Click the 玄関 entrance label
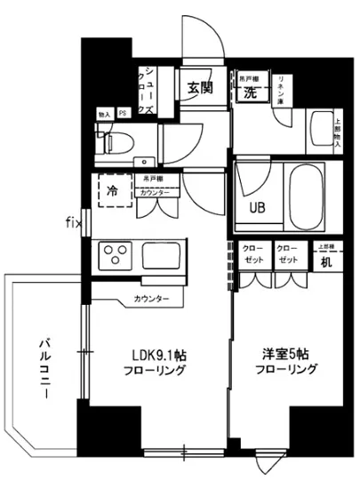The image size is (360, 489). (200, 88)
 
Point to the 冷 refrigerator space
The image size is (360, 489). (113, 190)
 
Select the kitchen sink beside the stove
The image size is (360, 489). (161, 255)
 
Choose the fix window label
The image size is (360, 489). (73, 220)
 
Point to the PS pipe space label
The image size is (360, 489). (124, 114)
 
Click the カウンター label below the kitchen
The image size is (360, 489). (151, 299)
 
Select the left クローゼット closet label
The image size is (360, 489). (252, 255)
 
